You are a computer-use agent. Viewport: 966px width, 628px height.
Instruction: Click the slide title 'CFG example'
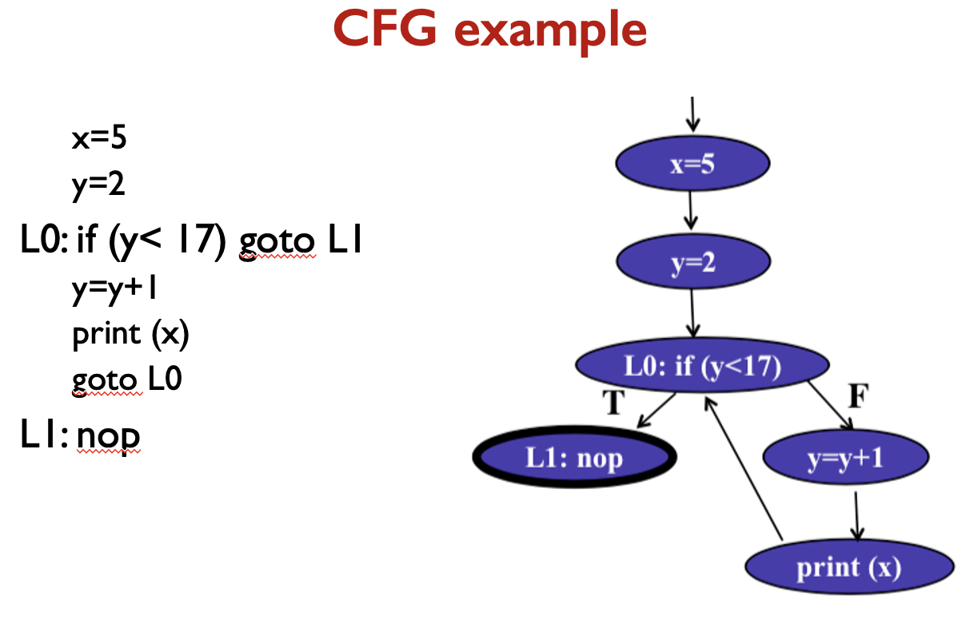click(x=489, y=30)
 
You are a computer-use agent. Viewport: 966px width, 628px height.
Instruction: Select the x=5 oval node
click(x=693, y=164)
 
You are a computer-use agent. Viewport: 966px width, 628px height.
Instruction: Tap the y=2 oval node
click(x=693, y=261)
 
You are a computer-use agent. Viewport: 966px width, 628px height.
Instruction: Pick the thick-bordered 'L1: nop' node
click(x=574, y=459)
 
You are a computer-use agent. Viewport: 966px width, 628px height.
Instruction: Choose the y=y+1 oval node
click(x=846, y=459)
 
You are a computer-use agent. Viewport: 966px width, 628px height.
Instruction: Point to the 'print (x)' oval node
click(x=848, y=568)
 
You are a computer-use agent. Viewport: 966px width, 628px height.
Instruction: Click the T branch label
click(x=612, y=403)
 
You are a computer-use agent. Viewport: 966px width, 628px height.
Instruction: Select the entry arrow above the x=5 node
click(x=693, y=113)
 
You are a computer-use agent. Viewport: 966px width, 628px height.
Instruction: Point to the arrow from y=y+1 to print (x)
click(x=857, y=515)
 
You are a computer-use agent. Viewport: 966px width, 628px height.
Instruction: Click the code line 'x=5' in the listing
click(x=99, y=139)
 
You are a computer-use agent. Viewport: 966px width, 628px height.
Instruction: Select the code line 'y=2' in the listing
click(x=99, y=185)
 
